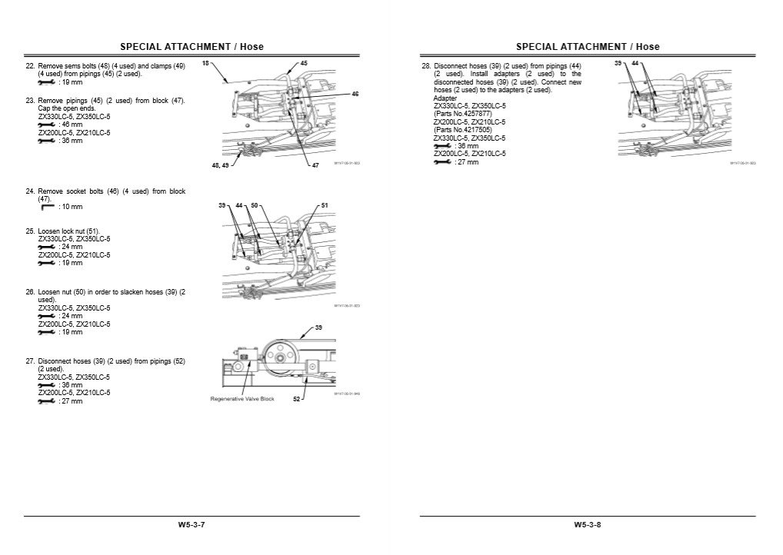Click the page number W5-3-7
[x=192, y=525]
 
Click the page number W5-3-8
[x=587, y=525]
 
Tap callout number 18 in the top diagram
[x=205, y=64]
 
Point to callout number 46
[x=355, y=94]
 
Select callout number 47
[x=315, y=166]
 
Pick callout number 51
[x=325, y=206]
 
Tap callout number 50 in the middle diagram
[x=255, y=206]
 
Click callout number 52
[x=296, y=399]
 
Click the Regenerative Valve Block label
[x=242, y=399]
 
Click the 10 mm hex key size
[x=70, y=207]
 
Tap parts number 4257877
[x=465, y=114]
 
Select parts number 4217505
[x=465, y=130]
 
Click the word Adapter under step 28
[x=445, y=98]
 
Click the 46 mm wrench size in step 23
[x=70, y=124]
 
